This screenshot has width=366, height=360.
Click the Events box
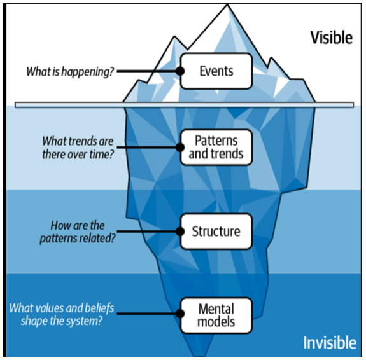(216, 71)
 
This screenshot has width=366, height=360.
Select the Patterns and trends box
(216, 148)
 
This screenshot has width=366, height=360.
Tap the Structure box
(216, 232)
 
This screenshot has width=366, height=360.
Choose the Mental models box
(216, 315)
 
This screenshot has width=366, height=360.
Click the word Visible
(331, 38)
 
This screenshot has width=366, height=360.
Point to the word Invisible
(330, 342)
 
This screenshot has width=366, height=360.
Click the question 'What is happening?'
(70, 72)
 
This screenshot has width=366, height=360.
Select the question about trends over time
(78, 148)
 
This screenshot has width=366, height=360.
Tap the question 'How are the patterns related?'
(78, 232)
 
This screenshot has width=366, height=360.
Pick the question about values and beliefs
(62, 314)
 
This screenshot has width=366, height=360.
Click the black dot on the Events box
(180, 71)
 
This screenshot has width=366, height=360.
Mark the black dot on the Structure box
(180, 232)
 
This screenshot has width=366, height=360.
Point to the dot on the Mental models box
(180, 314)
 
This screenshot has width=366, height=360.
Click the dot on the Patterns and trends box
(180, 148)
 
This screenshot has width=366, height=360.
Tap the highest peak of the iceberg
(227, 4)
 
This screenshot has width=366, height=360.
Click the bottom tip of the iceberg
(200, 356)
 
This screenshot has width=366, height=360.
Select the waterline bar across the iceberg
(184, 105)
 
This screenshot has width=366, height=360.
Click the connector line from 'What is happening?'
(146, 71)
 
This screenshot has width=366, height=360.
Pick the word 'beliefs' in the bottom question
(99, 308)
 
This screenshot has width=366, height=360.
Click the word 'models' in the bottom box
(216, 322)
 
